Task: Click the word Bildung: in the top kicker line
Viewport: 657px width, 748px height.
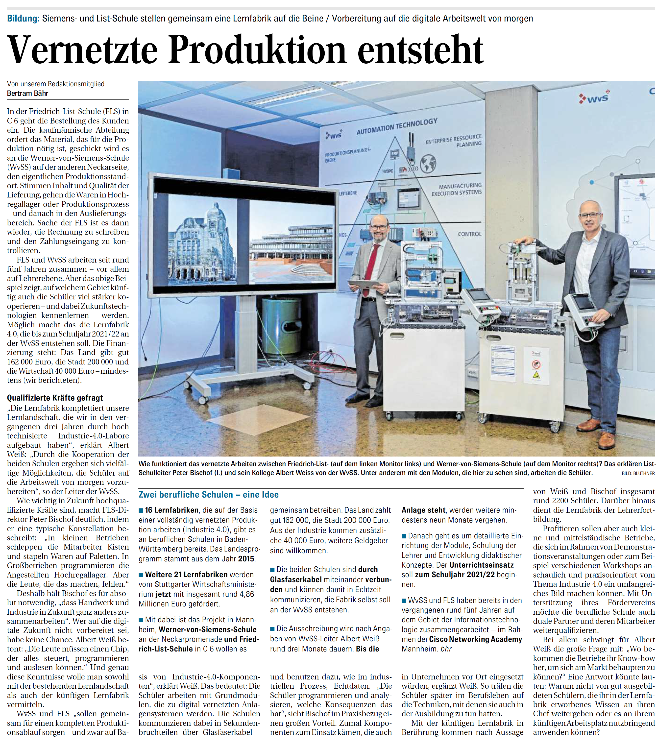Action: coord(23,18)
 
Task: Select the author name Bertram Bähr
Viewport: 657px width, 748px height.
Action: coord(27,93)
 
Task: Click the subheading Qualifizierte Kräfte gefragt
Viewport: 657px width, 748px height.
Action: coord(55,398)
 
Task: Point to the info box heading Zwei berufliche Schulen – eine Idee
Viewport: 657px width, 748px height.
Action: coord(208,495)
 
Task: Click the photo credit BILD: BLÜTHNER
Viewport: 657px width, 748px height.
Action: coord(638,473)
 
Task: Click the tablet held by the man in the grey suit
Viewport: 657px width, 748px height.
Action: coord(363,283)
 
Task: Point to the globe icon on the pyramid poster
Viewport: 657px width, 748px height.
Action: coord(428,163)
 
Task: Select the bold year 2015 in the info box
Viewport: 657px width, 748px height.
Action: coord(246,559)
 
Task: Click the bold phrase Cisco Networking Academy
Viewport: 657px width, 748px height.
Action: coord(475,639)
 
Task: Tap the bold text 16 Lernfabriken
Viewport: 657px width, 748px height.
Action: coord(171,510)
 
